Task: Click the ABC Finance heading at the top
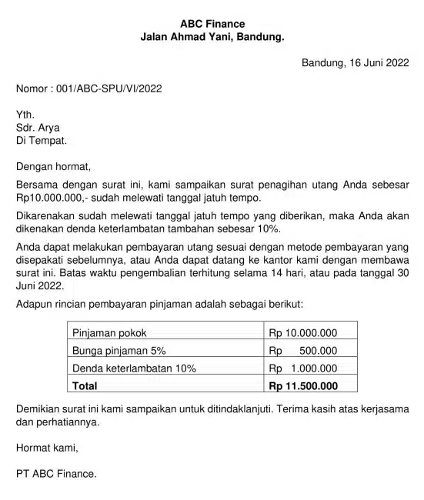pos(212,24)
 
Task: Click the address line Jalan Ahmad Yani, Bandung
pos(212,37)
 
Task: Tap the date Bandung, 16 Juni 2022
pos(355,62)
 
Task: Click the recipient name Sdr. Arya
pos(38,128)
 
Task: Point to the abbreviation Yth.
pos(25,115)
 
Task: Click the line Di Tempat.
pos(42,141)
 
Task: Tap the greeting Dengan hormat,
pos(54,165)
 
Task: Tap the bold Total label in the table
pos(85,385)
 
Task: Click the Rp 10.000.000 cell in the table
pos(303,333)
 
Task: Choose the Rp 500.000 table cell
pos(303,351)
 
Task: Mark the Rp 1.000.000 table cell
pos(303,368)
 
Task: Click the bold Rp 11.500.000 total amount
pos(303,385)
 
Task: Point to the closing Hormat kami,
pos(48,447)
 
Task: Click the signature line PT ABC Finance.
pos(57,474)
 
